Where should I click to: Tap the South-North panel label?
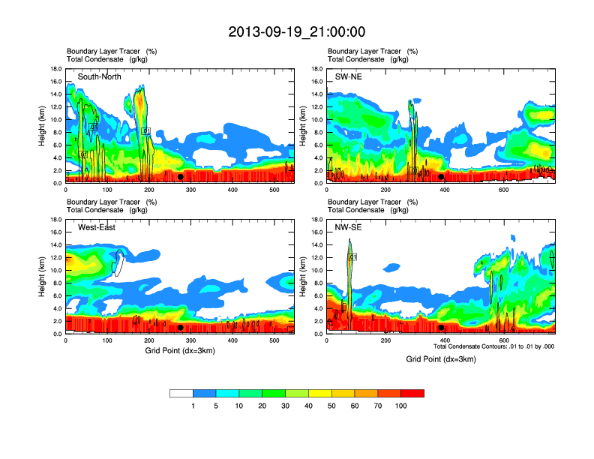pos(99,76)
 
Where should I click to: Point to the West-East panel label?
pos(96,228)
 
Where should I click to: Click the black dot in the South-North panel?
pos(180,177)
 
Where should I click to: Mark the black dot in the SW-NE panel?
pos(441,177)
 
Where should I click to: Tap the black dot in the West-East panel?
pos(180,328)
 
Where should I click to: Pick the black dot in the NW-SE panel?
pos(441,328)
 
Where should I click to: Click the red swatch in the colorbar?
pos(412,393)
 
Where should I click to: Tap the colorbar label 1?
pos(193,406)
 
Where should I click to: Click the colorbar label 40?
pos(308,406)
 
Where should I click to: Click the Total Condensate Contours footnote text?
pos(493,346)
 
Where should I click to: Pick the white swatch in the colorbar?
pos(181,393)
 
